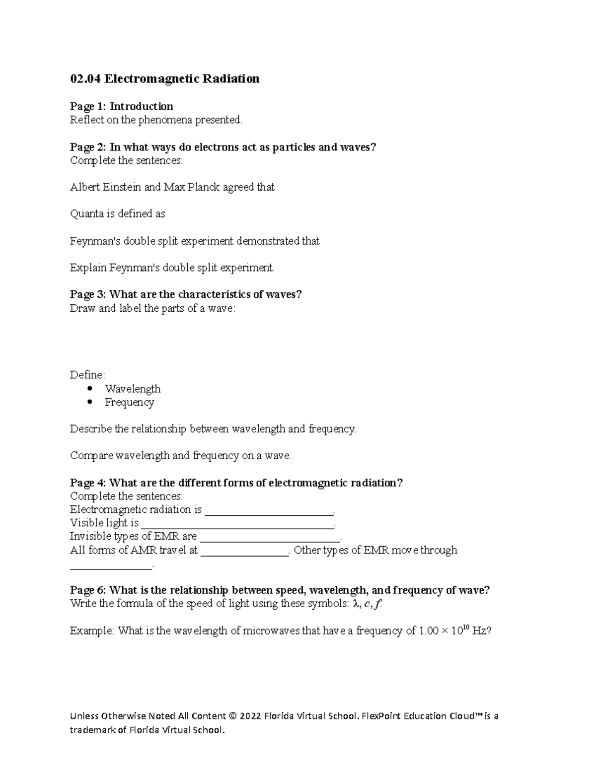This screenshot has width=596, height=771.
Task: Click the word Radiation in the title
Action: [234, 79]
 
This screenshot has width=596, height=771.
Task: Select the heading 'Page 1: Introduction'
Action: [121, 106]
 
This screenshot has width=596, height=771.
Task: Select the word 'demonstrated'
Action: [267, 241]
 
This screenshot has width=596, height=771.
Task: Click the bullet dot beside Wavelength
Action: [89, 389]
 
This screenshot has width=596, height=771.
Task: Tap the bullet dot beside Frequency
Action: [89, 402]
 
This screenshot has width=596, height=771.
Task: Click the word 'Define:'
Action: [87, 375]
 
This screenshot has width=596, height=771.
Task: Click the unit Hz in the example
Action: [481, 631]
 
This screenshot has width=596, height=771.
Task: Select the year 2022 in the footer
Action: [250, 716]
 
